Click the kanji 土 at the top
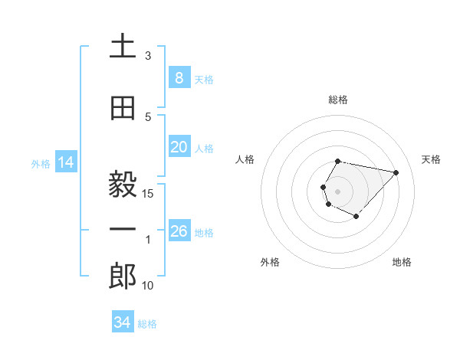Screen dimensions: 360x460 point(123,47)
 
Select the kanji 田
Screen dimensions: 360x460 point(123,108)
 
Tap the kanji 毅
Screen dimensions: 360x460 point(123,185)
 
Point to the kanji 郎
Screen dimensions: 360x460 point(123,277)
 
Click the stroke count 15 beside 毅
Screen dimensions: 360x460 point(148,194)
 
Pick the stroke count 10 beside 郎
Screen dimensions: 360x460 point(148,286)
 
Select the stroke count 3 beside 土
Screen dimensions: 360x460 point(148,56)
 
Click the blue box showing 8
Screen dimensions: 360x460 point(179,77)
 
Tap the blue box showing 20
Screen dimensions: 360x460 point(179,147)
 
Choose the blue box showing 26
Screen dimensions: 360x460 point(179,231)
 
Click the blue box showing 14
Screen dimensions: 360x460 point(65,162)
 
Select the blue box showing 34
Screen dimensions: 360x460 point(122,322)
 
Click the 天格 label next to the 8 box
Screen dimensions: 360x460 point(204,79)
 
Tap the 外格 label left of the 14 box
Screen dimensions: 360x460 point(41,163)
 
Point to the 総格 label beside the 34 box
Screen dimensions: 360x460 point(147,324)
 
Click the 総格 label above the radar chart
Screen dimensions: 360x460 point(338,100)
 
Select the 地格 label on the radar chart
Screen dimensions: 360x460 point(402,262)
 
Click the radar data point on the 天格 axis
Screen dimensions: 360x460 point(396,172)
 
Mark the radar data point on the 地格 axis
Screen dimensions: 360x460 point(356,217)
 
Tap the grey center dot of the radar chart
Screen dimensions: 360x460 point(338,191)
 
